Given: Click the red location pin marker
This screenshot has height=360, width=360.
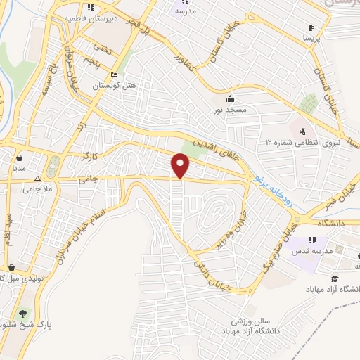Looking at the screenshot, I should click(181, 165).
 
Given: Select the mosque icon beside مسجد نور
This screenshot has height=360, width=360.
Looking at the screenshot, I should click(230, 98).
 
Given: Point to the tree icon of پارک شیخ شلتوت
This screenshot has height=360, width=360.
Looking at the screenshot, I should click(23, 314).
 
